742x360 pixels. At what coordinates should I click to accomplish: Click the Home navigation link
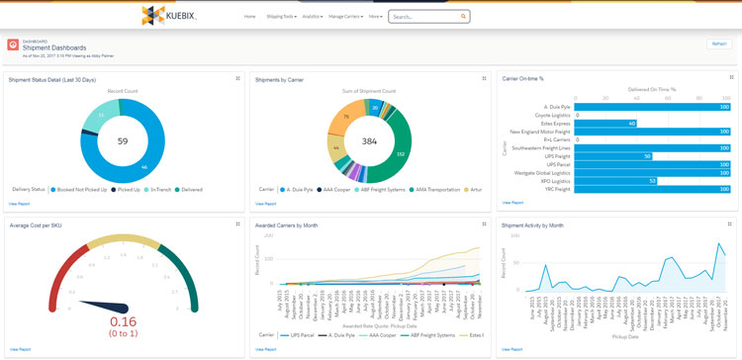249,17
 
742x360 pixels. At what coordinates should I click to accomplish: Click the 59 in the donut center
123,141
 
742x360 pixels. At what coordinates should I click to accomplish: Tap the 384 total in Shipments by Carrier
369,141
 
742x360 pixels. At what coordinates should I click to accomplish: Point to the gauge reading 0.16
124,321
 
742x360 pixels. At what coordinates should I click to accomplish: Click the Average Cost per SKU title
38,225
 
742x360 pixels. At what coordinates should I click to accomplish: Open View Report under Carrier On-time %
512,203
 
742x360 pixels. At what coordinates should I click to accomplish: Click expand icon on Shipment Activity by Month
731,225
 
